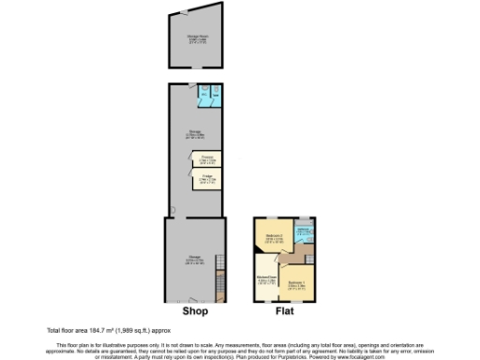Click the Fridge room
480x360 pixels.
(x=207, y=178)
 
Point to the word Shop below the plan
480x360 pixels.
(x=194, y=313)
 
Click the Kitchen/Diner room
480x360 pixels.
(x=265, y=279)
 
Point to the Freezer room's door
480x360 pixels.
(x=191, y=160)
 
